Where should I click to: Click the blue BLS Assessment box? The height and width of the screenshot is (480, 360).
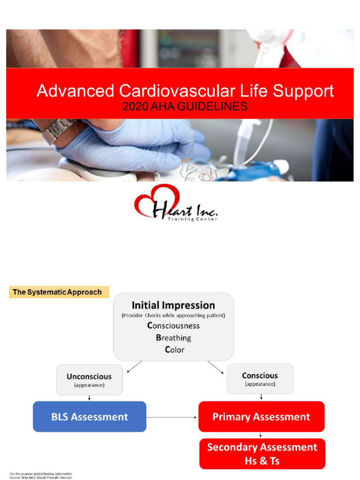[x=89, y=416]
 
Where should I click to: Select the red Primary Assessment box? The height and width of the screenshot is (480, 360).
[x=261, y=416]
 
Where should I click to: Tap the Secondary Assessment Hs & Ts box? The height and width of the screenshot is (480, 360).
[x=262, y=453]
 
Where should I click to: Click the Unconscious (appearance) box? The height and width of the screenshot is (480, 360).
[x=89, y=380]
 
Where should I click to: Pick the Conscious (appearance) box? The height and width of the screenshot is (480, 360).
[x=260, y=379]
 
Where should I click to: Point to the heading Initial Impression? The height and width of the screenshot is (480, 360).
[x=173, y=305]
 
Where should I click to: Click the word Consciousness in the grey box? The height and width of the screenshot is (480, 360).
[x=173, y=325]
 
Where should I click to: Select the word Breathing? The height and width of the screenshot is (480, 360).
[x=173, y=337]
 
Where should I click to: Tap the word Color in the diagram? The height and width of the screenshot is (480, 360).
[x=174, y=350]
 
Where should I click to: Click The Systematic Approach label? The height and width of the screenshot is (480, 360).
[x=57, y=292]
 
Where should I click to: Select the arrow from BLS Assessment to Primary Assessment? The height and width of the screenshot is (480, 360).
[x=172, y=416]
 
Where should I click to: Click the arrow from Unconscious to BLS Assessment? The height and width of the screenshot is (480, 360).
[x=89, y=398]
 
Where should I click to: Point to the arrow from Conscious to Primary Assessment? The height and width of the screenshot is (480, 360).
[x=261, y=397]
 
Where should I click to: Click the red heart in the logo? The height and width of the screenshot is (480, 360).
[x=156, y=200]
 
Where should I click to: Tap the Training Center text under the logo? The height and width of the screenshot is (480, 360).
[x=192, y=219]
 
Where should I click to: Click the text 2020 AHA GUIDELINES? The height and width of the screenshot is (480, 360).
[x=185, y=107]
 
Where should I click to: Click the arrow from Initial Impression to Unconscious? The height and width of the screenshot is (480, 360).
[x=135, y=366]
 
